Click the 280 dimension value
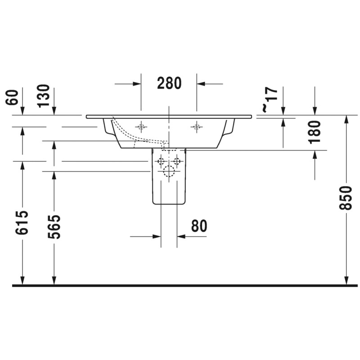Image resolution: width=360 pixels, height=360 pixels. tap(169, 83)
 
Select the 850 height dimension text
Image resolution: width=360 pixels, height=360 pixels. tap(346, 198)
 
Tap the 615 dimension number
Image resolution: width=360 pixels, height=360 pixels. tap(22, 222)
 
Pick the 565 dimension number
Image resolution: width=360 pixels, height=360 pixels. tap(54, 227)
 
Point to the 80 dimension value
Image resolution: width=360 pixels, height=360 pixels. tap(199, 226)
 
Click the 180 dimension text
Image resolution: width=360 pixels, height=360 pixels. tap(315, 132)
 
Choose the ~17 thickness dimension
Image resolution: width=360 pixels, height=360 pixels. tap(270, 100)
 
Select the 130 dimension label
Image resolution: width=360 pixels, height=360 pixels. tap(44, 96)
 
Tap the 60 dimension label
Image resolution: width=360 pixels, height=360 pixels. tap(12, 97)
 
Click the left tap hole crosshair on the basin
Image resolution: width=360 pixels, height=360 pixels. tap(141, 127)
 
